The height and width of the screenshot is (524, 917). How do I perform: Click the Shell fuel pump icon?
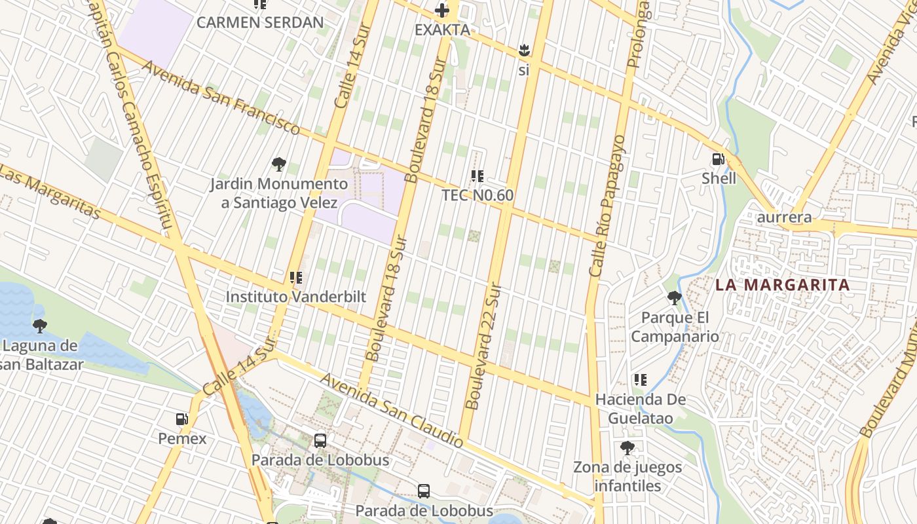tap(718, 159)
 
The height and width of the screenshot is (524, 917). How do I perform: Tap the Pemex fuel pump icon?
tap(182, 419)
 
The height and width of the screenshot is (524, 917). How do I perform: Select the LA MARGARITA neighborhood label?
tap(782, 285)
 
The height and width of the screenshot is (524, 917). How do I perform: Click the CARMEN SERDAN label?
tap(260, 23)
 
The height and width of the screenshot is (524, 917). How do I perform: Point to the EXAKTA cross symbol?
tap(443, 10)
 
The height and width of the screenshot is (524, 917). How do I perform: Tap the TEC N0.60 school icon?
tap(477, 176)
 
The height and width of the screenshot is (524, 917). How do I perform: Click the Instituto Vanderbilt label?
tap(295, 297)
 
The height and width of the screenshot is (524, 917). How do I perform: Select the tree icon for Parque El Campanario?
tap(674, 299)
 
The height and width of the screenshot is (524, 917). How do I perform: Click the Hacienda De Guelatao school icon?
tap(641, 380)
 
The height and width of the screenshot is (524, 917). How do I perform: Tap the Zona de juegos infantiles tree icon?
tap(627, 448)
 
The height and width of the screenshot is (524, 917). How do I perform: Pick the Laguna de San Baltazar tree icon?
tap(40, 326)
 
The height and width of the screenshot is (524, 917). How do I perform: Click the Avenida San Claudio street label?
tap(392, 411)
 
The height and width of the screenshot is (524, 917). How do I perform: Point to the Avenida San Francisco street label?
tap(221, 98)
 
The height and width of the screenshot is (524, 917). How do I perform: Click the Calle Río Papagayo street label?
tap(607, 205)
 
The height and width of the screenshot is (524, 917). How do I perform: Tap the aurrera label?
tap(784, 217)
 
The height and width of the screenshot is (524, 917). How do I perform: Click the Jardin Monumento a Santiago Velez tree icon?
tap(279, 164)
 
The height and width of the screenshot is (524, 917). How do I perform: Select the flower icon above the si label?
tap(523, 50)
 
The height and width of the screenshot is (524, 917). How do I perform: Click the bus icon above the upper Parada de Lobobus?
tap(320, 441)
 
